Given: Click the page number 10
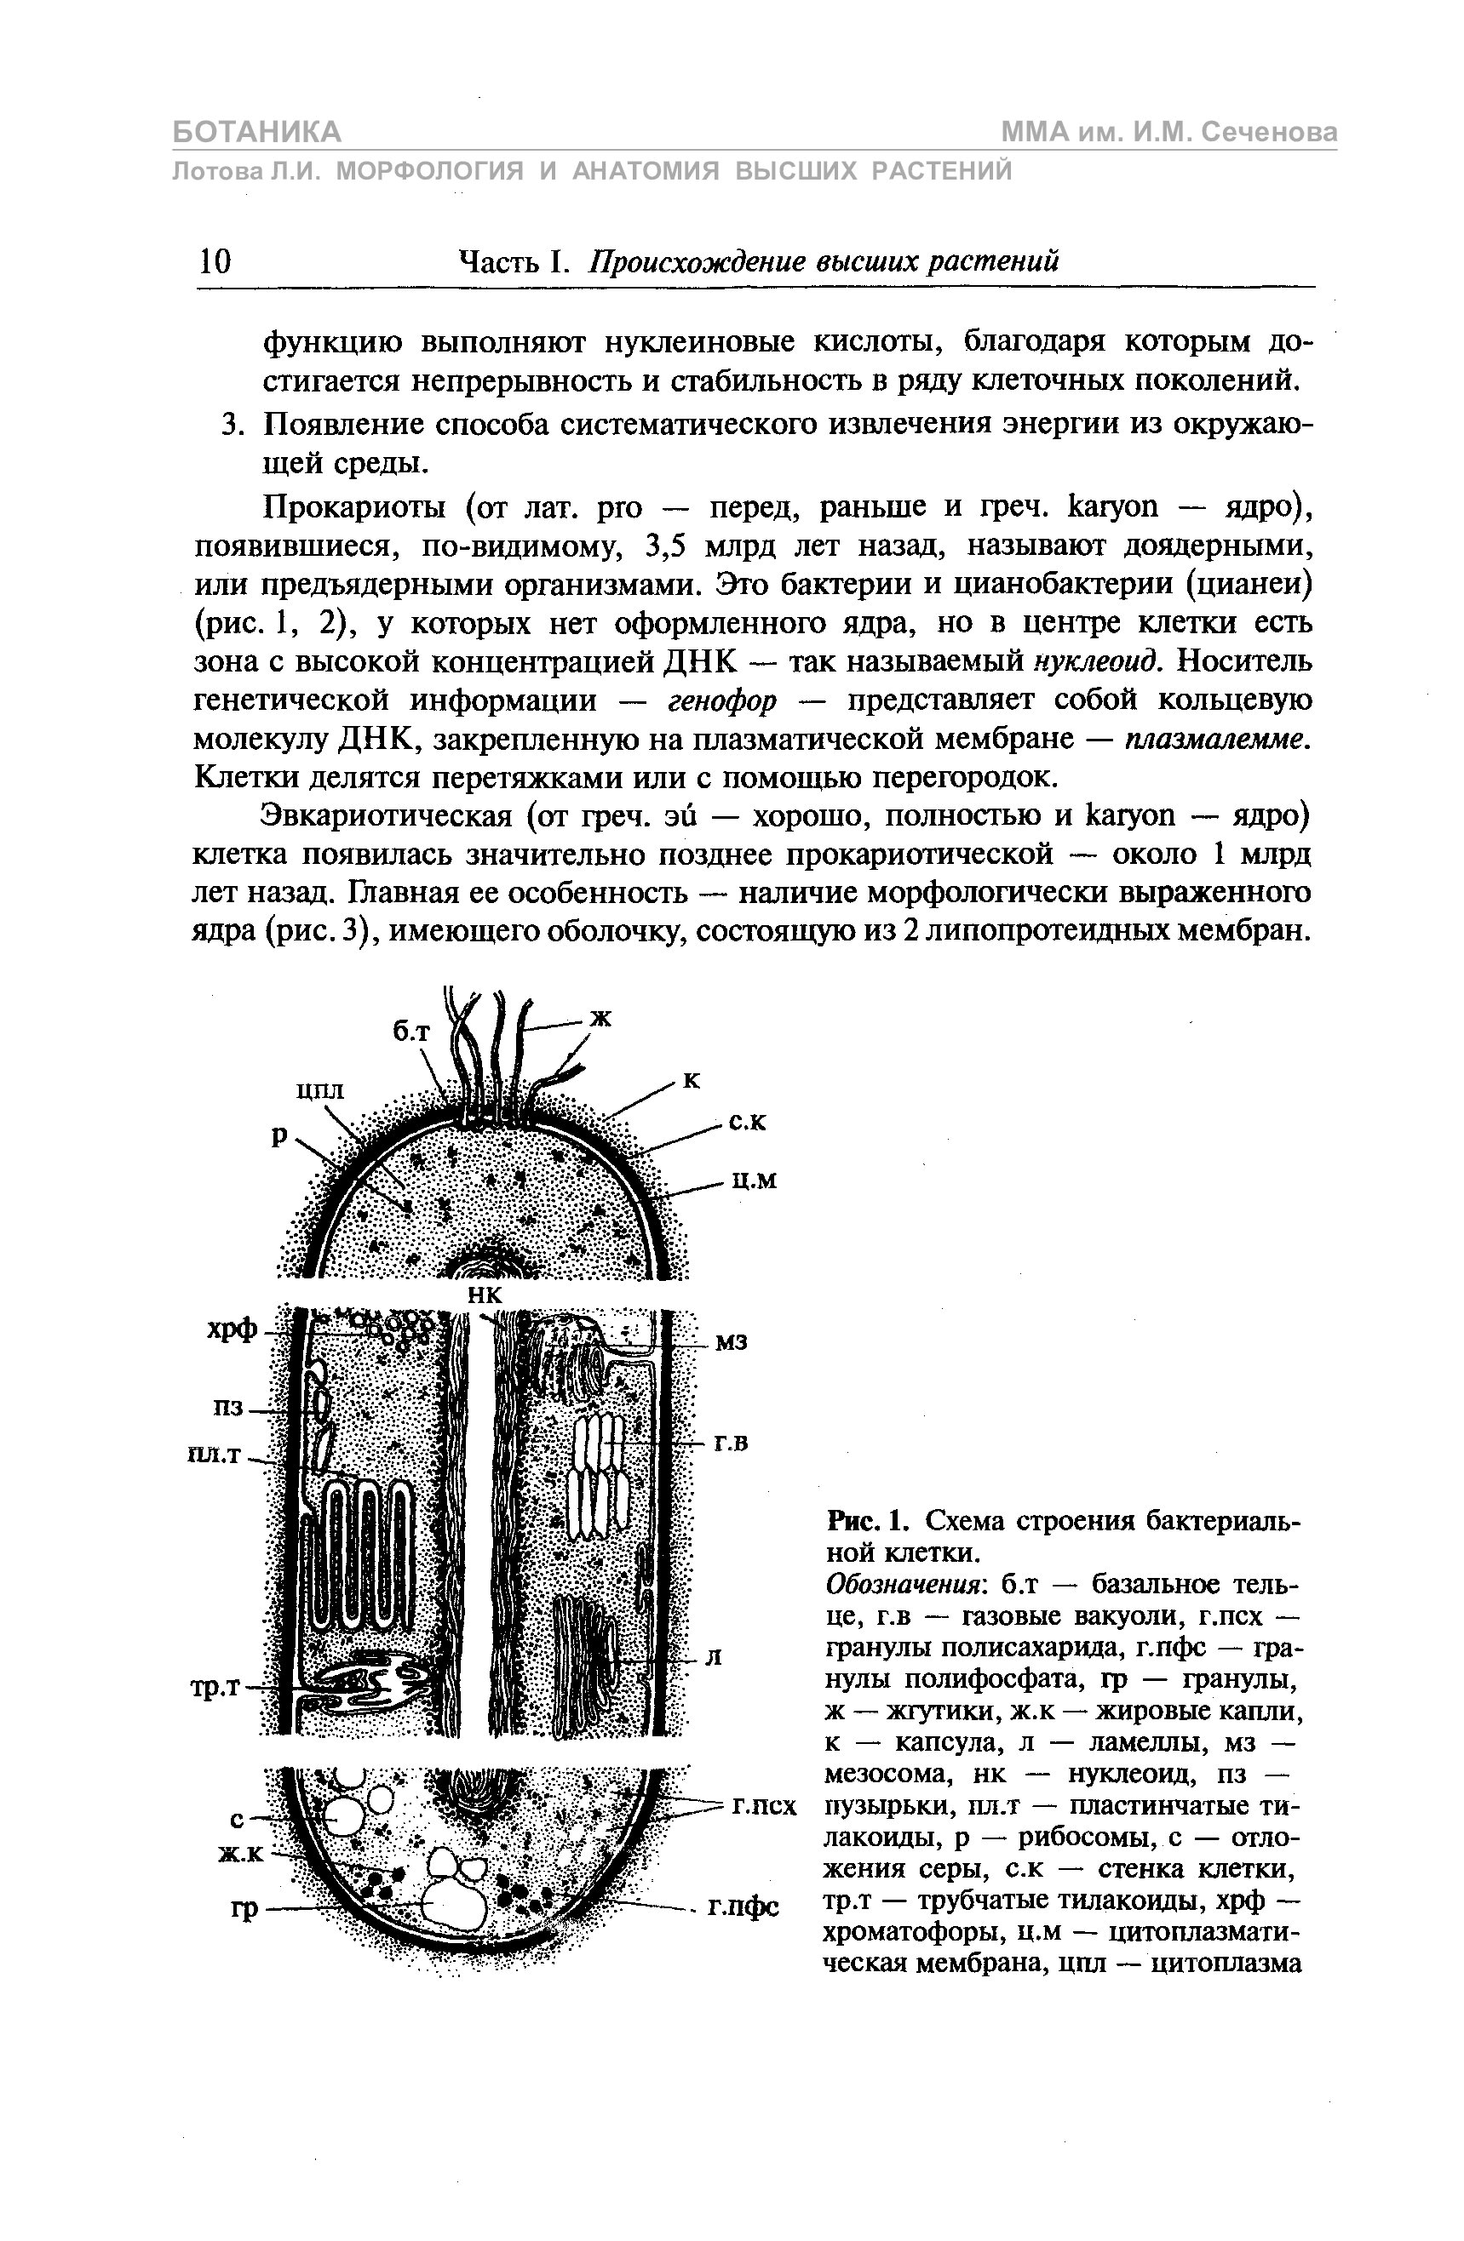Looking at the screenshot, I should point(215,260).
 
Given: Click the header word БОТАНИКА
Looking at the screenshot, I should point(256,132).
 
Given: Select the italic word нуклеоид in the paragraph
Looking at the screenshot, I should point(1094,661).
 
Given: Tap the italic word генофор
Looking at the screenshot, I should point(722,700).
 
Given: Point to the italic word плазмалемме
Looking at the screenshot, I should point(1216,740).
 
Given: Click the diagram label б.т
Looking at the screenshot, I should point(410,1033).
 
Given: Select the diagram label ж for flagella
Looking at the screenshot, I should point(600,1017).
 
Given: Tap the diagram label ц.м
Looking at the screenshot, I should point(755,1181).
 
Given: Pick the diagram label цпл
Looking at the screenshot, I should point(320,1090).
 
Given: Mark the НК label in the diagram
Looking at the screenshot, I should point(486,1295).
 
